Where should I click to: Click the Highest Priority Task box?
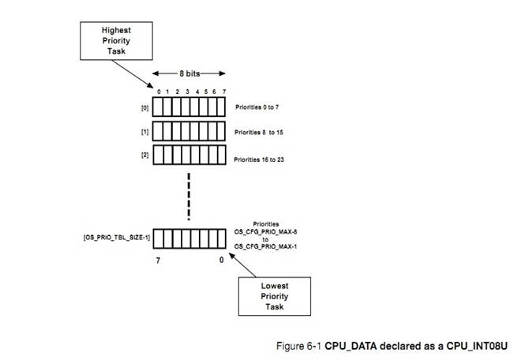(x=115, y=39)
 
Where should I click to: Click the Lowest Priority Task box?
(x=274, y=294)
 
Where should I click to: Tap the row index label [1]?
(x=144, y=129)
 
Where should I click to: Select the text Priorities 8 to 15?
(x=263, y=130)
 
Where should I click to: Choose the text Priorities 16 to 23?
(x=264, y=159)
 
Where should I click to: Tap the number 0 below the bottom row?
(x=220, y=257)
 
